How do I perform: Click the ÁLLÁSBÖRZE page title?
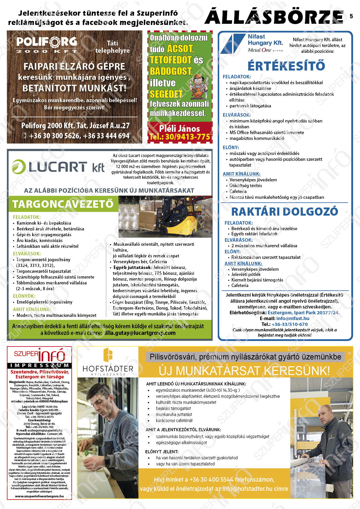click(274, 17)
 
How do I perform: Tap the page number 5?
click(351, 16)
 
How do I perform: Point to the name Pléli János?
click(179, 129)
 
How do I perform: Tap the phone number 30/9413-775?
click(187, 137)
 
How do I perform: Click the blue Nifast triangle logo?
click(232, 44)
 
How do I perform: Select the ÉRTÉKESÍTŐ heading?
click(286, 66)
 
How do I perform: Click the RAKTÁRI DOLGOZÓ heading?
click(285, 212)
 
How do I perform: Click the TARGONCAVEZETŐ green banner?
click(63, 204)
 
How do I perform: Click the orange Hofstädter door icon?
click(108, 355)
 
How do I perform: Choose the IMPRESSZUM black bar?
click(39, 365)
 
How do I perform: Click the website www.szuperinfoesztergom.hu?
click(39, 496)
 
